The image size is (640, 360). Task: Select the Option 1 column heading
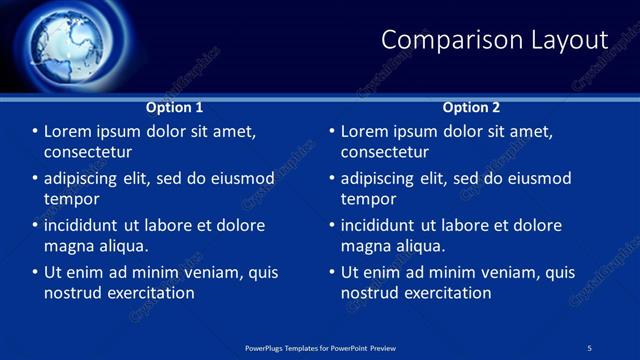[x=174, y=107]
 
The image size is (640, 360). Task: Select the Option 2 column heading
[x=471, y=107]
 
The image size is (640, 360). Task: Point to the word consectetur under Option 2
[x=384, y=152]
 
